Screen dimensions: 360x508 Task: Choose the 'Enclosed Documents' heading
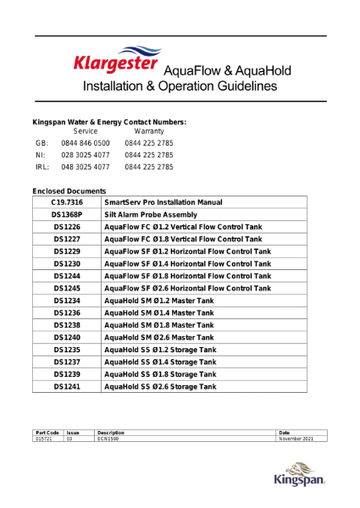tap(69, 192)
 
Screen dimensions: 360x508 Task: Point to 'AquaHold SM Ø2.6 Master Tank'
tap(158, 337)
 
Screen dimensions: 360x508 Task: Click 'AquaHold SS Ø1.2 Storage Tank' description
tap(159, 350)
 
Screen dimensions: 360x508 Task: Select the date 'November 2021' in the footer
tap(296, 439)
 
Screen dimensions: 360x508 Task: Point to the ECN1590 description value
tap(108, 439)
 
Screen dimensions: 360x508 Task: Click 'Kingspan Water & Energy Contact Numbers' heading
tap(109, 122)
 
